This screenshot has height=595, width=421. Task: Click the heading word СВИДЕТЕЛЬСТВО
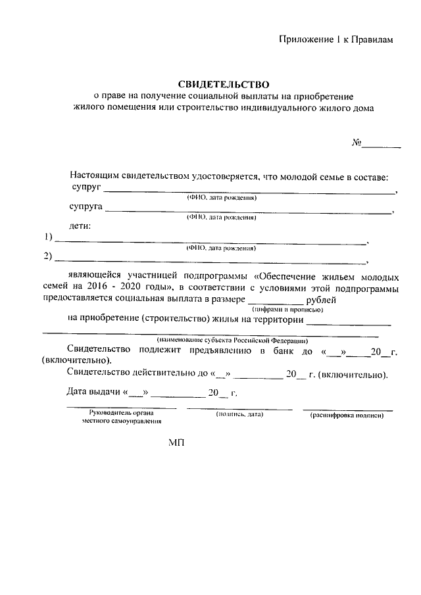224,84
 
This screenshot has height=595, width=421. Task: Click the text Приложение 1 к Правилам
335,40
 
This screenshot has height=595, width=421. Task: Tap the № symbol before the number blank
358,143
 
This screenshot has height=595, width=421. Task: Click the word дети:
80,226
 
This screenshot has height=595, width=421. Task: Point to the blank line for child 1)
210,242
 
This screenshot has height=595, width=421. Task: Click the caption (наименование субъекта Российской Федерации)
228,341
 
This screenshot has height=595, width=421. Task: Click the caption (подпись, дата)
239,415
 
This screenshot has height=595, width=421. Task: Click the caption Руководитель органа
122,412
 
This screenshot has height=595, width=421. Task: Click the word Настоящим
95,176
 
